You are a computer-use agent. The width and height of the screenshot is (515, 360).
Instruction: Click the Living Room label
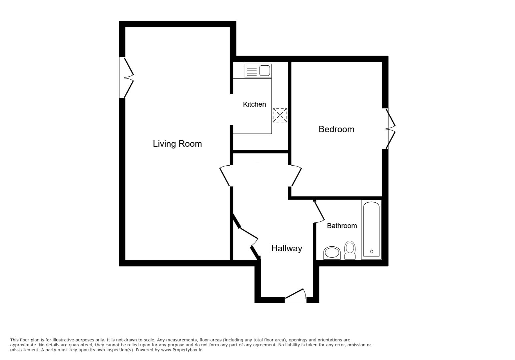pyautogui.click(x=177, y=144)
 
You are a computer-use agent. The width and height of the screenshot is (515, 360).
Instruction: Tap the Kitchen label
pyautogui.click(x=254, y=104)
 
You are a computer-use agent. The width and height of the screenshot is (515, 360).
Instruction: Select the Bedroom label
pyautogui.click(x=336, y=129)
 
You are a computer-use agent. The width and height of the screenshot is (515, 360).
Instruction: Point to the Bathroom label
pyautogui.click(x=342, y=226)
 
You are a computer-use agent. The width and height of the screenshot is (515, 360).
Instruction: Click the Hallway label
pyautogui.click(x=287, y=248)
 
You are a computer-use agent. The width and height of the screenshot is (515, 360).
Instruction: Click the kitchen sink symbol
pyautogui.click(x=258, y=71)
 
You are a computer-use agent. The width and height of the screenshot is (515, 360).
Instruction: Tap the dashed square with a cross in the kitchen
pyautogui.click(x=280, y=115)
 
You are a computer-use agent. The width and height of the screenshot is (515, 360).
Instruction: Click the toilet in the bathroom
pyautogui.click(x=350, y=250)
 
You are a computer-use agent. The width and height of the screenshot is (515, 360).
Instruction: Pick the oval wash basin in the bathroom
pyautogui.click(x=332, y=253)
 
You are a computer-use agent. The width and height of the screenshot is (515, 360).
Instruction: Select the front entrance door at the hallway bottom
pyautogui.click(x=296, y=296)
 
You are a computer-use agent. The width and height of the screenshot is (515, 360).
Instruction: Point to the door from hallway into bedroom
pyautogui.click(x=296, y=176)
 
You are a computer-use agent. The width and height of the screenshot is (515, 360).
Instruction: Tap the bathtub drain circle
pyautogui.click(x=372, y=252)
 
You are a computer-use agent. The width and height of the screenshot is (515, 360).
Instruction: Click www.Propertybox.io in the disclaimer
pyautogui.click(x=181, y=350)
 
